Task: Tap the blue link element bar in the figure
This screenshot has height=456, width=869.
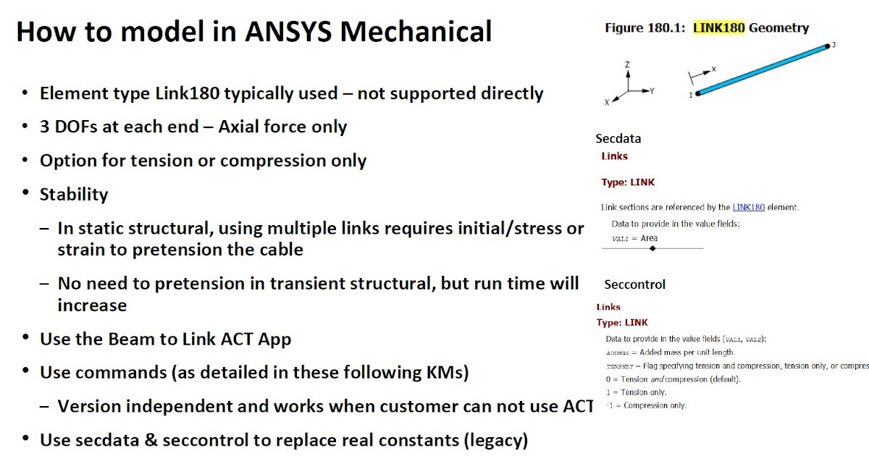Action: [x=760, y=70]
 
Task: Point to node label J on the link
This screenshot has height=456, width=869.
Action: [x=834, y=45]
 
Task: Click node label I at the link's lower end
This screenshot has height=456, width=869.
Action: [x=690, y=95]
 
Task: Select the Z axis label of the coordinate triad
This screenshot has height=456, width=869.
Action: [x=627, y=64]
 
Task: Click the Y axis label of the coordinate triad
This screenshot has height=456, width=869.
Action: [x=652, y=91]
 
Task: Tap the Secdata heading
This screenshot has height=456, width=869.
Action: [x=618, y=138]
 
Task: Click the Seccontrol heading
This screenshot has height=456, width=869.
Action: [x=634, y=284]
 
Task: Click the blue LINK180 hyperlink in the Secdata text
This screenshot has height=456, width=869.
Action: [x=748, y=207]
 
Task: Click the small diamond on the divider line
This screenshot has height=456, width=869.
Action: [x=652, y=248]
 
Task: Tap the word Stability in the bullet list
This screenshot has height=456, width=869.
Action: [x=74, y=194]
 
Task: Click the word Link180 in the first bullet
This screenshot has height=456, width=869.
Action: [x=199, y=93]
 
